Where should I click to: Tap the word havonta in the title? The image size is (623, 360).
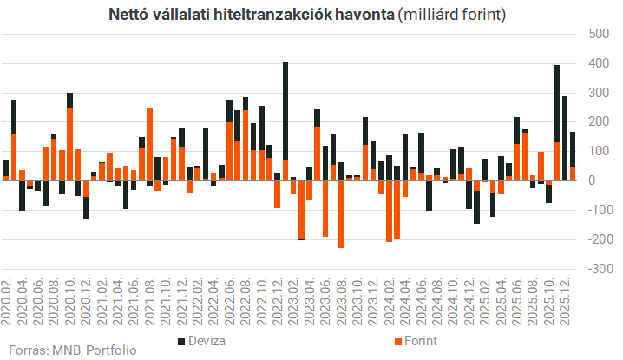[358, 16]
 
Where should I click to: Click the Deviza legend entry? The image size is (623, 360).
[205, 339]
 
